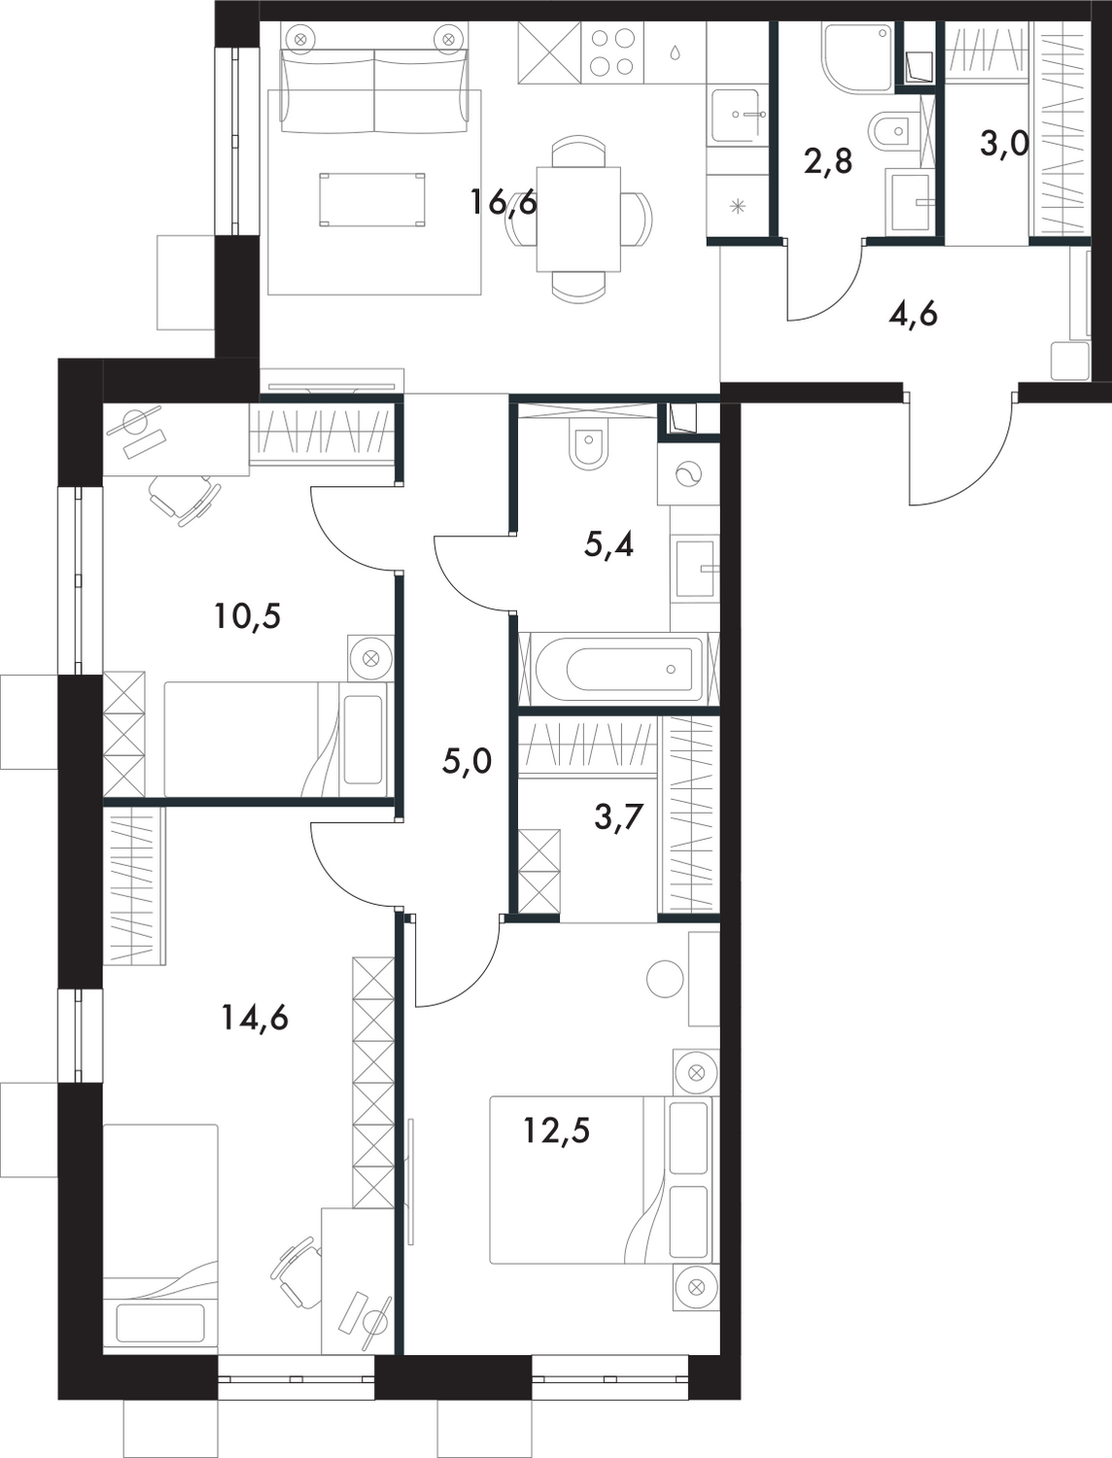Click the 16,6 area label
pyautogui.click(x=504, y=204)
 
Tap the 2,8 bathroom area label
pyautogui.click(x=828, y=160)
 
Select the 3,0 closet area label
pyautogui.click(x=1003, y=147)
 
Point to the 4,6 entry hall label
pyautogui.click(x=914, y=314)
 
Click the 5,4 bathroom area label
pyautogui.click(x=609, y=545)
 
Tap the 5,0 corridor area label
pyautogui.click(x=467, y=761)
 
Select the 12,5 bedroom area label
pyautogui.click(x=556, y=1131)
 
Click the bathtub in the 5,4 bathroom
pyautogui.click(x=617, y=669)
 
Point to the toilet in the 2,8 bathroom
pyautogui.click(x=890, y=131)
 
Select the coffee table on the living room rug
pyautogui.click(x=372, y=199)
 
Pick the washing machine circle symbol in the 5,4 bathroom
pyautogui.click(x=688, y=474)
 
